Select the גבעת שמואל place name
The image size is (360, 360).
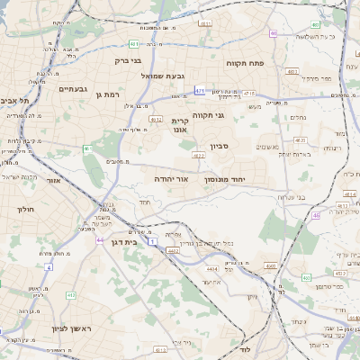click(x=162, y=76)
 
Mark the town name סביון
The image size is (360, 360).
click(x=220, y=146)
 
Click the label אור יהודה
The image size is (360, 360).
click(x=170, y=179)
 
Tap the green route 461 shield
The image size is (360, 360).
click(x=87, y=148)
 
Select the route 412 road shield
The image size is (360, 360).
click(x=71, y=294)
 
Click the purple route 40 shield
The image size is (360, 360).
click(x=273, y=33)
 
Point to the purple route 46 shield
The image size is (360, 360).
click(x=316, y=215)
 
